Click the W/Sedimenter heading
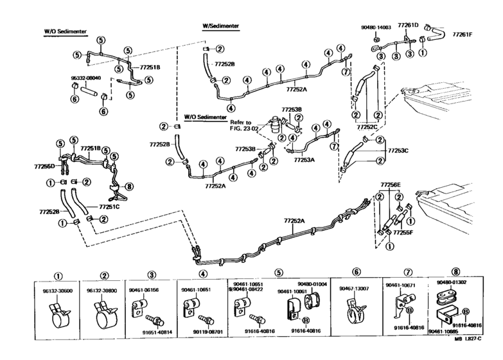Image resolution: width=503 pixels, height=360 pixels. point(221,26)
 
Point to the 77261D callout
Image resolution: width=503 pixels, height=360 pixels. point(407,24)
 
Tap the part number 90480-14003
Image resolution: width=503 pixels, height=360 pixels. point(376,28)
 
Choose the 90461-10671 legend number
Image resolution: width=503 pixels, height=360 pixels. point(400,285)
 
